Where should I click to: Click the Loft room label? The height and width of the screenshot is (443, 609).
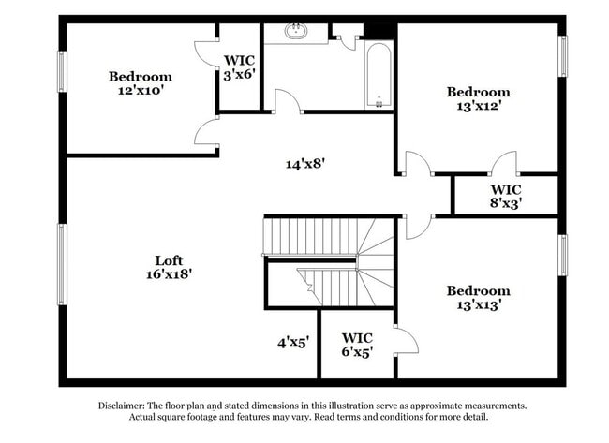click(170, 260)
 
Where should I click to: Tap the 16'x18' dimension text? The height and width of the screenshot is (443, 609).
click(170, 274)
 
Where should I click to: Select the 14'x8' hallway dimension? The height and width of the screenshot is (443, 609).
click(305, 163)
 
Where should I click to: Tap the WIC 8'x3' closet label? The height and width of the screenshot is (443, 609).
click(503, 195)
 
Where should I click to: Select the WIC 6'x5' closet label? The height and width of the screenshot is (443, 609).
click(358, 345)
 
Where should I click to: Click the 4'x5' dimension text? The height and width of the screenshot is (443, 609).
click(292, 343)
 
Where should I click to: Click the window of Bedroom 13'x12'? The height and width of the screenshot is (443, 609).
click(564, 69)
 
